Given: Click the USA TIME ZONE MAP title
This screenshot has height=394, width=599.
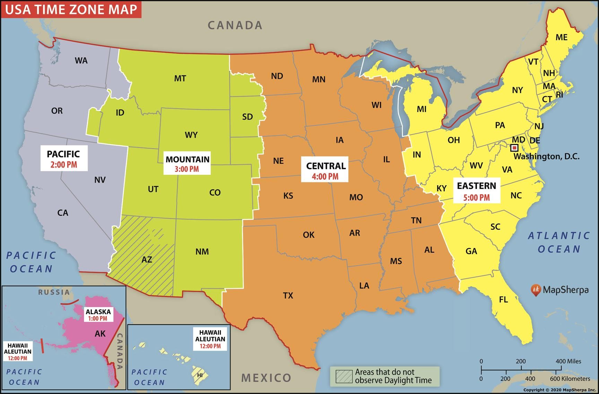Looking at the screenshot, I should coord(71,9).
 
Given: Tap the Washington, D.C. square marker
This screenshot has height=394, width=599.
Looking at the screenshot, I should coord(515,148).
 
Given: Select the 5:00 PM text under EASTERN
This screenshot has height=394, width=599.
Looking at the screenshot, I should coord(477,198).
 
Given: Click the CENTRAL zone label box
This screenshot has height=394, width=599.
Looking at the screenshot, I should coord(325,170).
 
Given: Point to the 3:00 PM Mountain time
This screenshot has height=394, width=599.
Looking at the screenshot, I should coord(187,169).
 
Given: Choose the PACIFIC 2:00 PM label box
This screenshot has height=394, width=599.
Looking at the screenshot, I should coord(64,159).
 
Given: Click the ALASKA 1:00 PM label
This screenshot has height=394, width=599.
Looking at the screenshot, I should coord(98,315).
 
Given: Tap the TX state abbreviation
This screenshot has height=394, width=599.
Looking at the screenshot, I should coord(288,295).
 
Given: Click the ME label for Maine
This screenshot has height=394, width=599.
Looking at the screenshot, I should coord(561,37).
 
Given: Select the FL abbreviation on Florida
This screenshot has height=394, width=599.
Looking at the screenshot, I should coord(503,300).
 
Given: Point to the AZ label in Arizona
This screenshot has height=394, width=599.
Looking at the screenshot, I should coord(147,259).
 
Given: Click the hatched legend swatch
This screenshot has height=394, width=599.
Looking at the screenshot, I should coord(344,376).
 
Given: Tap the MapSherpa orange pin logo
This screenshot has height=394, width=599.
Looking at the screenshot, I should coord(536,290).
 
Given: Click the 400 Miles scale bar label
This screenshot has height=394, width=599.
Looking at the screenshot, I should coord(568,361).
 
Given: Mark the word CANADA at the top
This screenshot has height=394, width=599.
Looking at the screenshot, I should coord(235,25).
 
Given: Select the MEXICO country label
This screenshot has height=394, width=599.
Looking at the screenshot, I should coord(266,378).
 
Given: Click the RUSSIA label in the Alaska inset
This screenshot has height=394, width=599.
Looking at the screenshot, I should coord(54,292).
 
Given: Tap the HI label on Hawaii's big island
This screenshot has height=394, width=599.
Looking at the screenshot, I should coord(200,375).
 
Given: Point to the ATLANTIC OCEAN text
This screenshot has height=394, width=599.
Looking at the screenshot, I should coord(558,242).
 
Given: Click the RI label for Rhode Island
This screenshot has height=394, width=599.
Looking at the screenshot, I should coord(559,95).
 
